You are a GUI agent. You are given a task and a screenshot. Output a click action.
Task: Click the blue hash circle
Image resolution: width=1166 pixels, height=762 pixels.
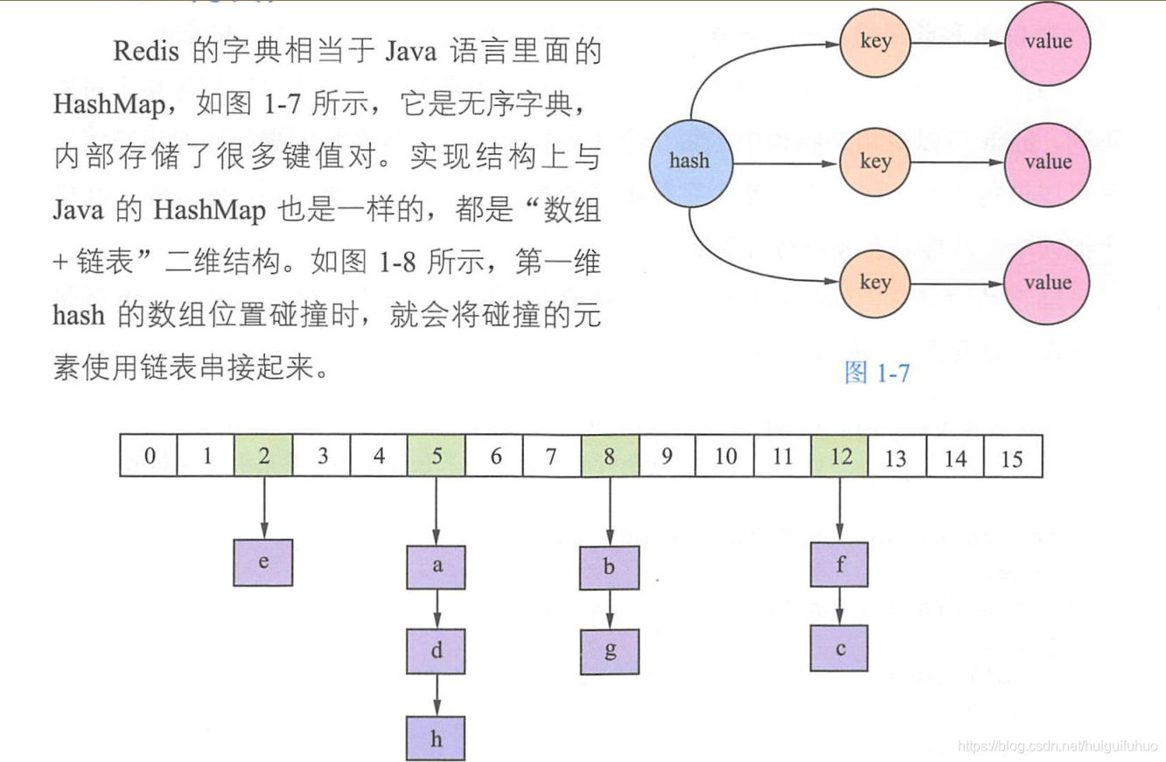click(689, 161)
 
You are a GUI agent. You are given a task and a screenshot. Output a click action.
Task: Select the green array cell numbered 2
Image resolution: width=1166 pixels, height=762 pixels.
click(263, 456)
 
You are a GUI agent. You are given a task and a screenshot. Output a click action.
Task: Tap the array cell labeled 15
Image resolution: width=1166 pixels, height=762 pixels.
click(1012, 456)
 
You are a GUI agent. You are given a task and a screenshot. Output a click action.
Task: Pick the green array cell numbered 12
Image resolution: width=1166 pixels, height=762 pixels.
click(840, 456)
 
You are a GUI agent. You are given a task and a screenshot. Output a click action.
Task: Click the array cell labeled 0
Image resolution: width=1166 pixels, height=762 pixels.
click(149, 456)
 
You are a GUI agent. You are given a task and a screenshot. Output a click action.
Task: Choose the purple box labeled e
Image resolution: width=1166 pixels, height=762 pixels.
click(263, 563)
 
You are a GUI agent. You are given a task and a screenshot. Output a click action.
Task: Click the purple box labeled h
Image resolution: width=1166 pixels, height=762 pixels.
click(436, 737)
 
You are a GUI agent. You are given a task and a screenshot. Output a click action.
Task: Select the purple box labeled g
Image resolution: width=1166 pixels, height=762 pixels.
click(609, 650)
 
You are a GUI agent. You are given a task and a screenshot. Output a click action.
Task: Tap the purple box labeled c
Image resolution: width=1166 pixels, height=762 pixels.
click(839, 648)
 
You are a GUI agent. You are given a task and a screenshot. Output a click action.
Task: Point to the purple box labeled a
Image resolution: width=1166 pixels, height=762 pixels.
click(436, 566)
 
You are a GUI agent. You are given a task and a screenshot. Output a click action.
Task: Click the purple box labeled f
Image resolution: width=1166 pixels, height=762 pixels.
click(839, 564)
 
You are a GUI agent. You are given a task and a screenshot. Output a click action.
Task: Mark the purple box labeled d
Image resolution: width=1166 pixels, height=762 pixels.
click(436, 650)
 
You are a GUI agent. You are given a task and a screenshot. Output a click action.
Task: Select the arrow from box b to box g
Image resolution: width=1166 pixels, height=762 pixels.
click(609, 608)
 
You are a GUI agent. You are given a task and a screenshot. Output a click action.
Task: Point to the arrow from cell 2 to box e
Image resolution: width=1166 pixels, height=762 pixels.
click(263, 507)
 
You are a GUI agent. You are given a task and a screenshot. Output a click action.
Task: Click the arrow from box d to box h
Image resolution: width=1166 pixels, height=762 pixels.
click(436, 694)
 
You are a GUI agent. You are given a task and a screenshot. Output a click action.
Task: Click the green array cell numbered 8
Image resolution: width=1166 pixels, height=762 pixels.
click(610, 456)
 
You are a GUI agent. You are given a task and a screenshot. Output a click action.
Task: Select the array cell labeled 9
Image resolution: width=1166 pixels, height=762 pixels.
click(667, 456)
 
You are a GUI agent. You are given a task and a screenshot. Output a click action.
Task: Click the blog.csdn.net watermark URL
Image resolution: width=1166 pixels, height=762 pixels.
click(1057, 745)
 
